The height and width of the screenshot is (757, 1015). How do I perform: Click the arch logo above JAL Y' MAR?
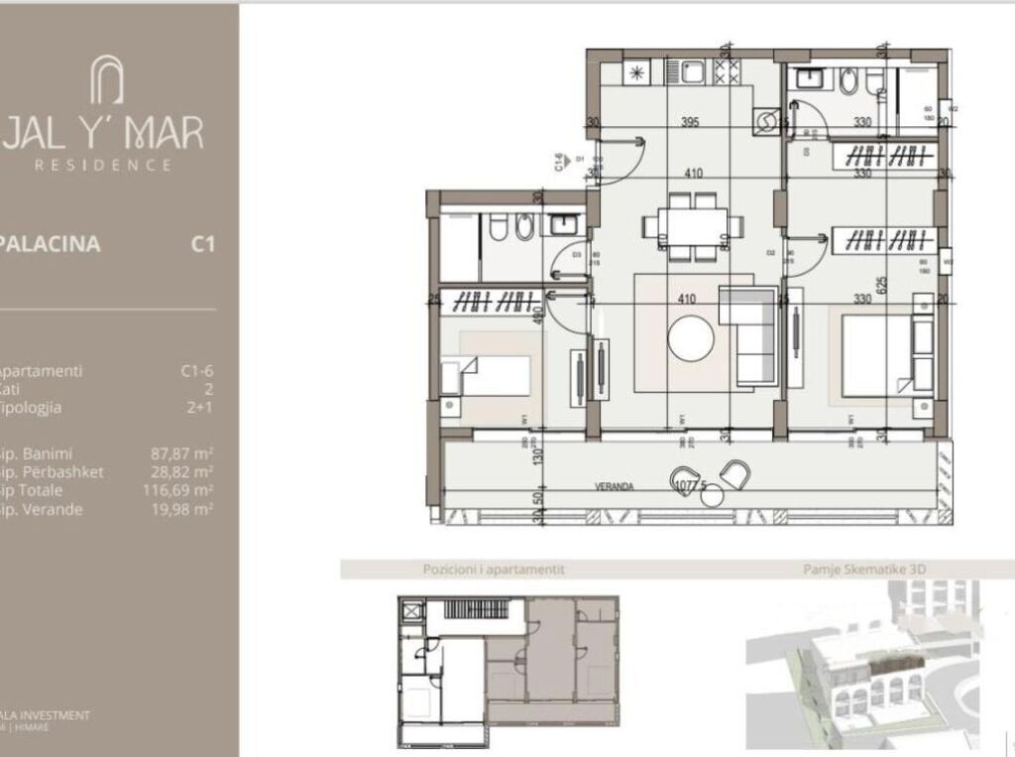tap(106, 79)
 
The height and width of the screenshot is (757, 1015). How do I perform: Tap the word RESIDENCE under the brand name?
tap(103, 166)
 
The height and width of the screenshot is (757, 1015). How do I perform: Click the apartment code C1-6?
tap(197, 371)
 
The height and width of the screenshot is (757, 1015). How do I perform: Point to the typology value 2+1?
tap(200, 408)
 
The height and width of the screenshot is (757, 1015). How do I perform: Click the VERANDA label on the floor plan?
tap(615, 487)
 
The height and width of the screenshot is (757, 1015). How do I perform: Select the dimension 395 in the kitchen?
tap(690, 123)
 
